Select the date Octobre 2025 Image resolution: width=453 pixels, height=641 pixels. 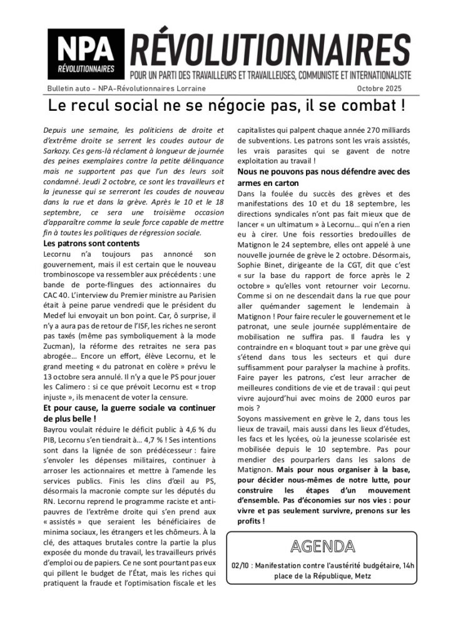[x=382, y=88]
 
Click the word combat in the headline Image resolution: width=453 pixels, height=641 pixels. [x=364, y=105]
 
